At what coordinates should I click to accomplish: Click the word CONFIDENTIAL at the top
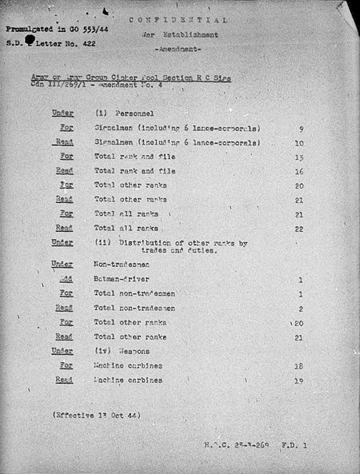pos(190,20)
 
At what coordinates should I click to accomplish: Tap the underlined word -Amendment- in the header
pos(190,50)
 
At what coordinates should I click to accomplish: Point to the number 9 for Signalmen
pos(300,128)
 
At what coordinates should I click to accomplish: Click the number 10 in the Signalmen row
pos(299,142)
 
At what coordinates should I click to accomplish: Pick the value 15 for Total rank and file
pos(299,157)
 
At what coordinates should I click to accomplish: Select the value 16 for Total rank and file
pos(299,171)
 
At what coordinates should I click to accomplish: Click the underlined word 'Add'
pos(66,280)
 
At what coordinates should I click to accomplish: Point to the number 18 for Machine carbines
pos(299,365)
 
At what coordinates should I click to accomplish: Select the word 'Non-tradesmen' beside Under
pos(121,265)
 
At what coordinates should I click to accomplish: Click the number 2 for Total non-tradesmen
pos(300,309)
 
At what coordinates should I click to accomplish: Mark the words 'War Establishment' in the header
pos(190,35)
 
